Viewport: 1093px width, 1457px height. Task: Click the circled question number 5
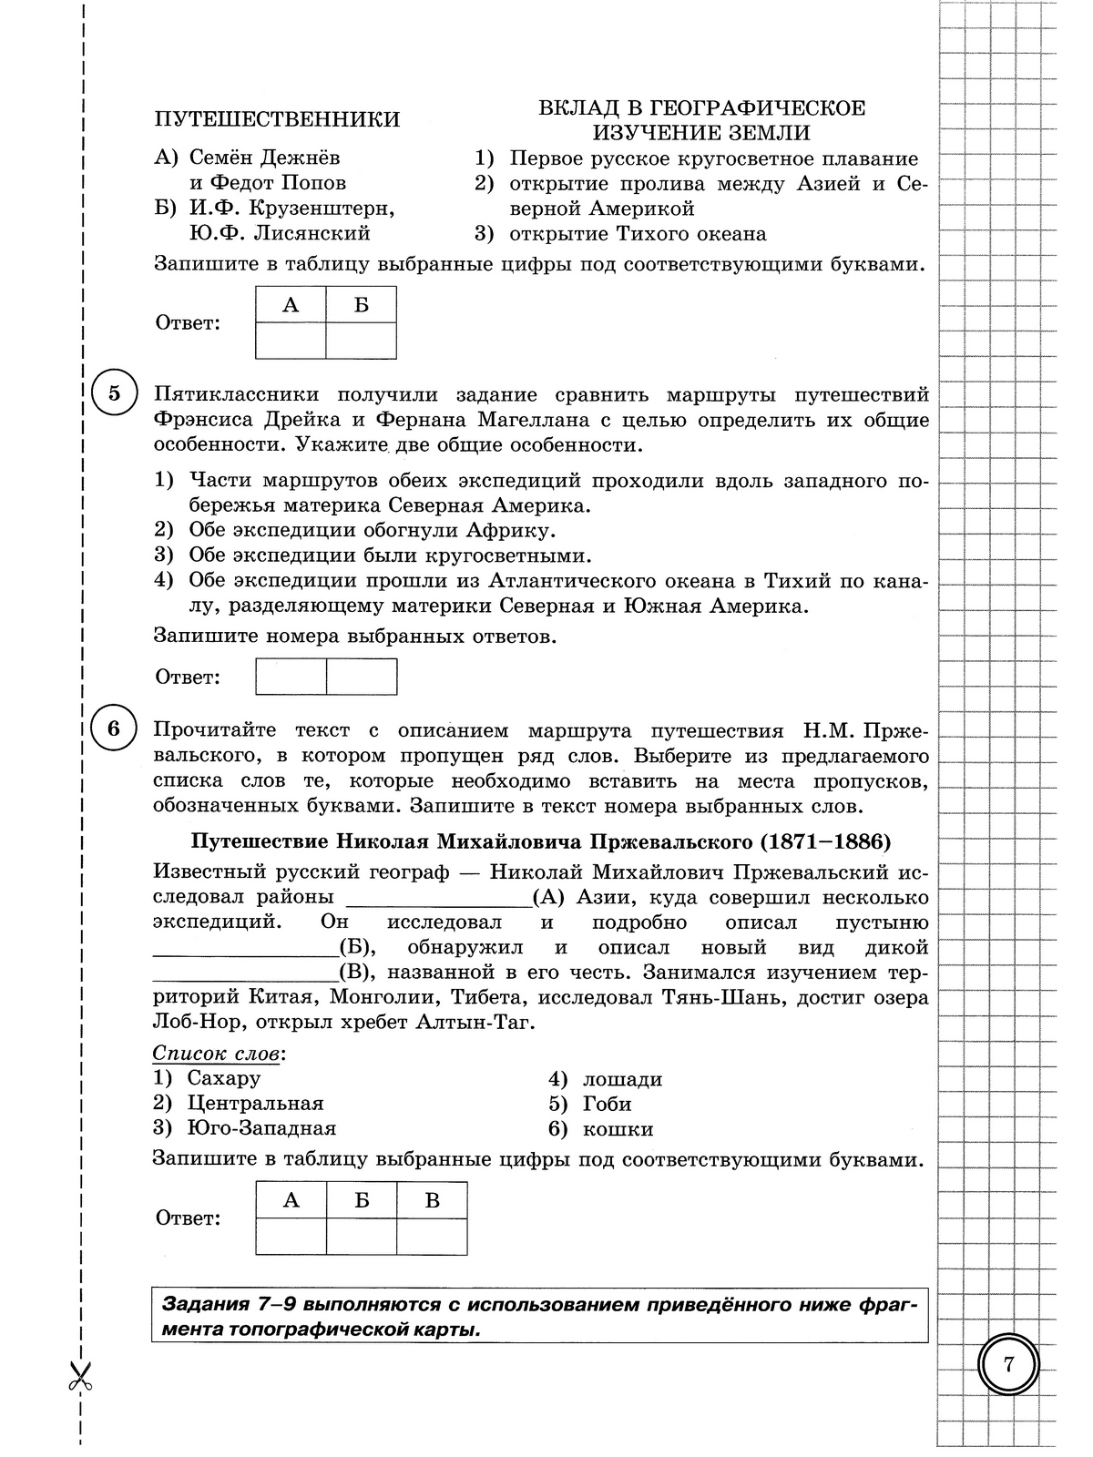click(x=114, y=394)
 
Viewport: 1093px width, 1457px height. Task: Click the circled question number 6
click(x=114, y=728)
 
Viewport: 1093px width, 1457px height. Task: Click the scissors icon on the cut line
click(x=80, y=1374)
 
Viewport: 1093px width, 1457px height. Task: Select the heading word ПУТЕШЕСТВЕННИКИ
click(x=277, y=120)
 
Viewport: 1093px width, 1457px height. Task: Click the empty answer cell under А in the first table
click(x=291, y=341)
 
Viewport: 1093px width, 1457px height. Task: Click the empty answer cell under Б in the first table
click(x=362, y=341)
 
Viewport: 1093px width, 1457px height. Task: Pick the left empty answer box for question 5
click(x=291, y=677)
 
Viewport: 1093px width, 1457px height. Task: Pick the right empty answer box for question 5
click(x=362, y=677)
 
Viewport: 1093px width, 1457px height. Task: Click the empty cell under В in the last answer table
click(x=432, y=1237)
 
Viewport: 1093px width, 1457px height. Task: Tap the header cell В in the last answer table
click(x=432, y=1200)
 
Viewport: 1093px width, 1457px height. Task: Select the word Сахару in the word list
click(x=224, y=1078)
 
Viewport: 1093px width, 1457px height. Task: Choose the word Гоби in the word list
click(x=608, y=1104)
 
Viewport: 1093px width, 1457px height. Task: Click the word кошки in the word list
click(x=618, y=1129)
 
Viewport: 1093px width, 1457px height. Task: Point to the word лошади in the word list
click(x=623, y=1079)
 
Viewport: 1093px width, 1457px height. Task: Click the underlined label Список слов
click(x=217, y=1054)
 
